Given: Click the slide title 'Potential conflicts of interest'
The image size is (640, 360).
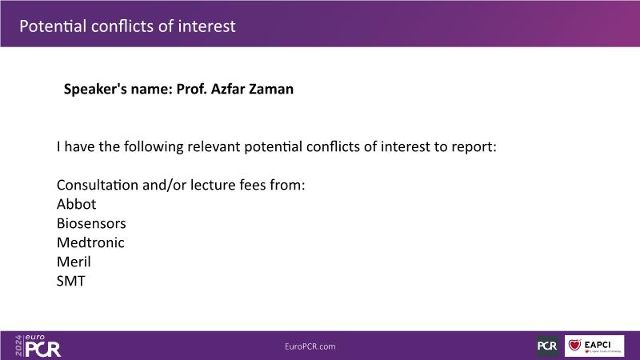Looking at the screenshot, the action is point(127,26).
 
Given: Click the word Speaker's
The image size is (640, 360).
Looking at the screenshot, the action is point(95,90).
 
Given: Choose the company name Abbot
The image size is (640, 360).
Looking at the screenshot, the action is point(76,204).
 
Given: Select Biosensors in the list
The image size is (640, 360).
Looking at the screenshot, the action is point(91,223).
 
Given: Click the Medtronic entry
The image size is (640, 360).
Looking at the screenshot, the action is point(90,242).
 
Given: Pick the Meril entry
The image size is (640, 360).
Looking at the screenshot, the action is point(74,262).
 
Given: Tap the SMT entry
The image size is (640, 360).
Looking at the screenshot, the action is point(71,281).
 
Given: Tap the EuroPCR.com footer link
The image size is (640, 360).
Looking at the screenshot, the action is point(310,346).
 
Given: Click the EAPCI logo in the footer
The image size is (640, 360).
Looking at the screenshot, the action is point(594,346).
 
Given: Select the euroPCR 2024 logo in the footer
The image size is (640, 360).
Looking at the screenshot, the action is point(38,346).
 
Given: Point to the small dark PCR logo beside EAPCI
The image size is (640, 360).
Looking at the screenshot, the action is point(547,346).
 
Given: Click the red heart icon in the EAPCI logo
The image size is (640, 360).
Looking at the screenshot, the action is point(574,345).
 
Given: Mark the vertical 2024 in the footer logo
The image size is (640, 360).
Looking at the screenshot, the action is point(18,346).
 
